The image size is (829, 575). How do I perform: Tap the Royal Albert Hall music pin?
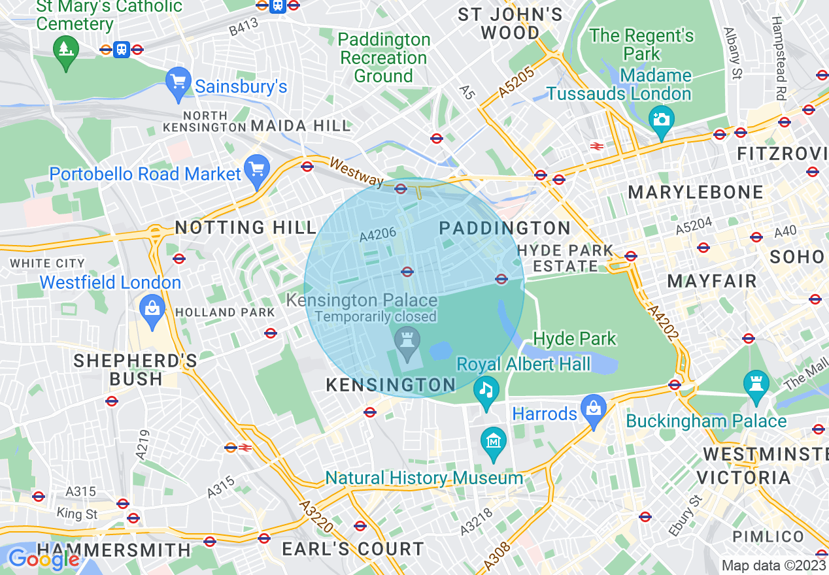tap(486, 391)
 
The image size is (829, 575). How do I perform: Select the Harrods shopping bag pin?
tap(594, 410)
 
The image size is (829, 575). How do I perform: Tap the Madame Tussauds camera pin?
tap(662, 121)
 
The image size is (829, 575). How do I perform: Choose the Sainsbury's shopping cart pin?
tap(178, 83)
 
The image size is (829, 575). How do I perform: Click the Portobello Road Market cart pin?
tap(256, 171)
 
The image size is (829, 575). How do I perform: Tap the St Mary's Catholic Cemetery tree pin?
tap(65, 50)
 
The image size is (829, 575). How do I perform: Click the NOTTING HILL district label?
tap(246, 227)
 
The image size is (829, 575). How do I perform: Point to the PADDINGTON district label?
tap(505, 228)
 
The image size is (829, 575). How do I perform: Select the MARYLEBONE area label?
tap(696, 192)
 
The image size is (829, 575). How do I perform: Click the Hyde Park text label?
tap(575, 338)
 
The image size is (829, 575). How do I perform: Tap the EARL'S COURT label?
tap(353, 549)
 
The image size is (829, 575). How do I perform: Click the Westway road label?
tap(356, 171)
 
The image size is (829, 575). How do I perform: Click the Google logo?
tap(43, 559)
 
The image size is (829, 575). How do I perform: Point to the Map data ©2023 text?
tap(773, 565)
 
